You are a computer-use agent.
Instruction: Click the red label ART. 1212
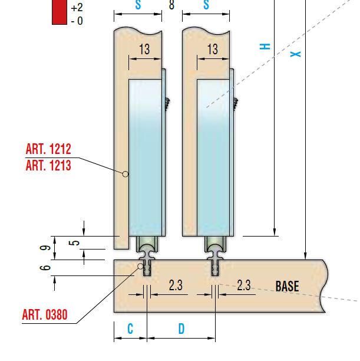pyautogui.click(x=48, y=149)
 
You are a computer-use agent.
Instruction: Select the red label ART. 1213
pyautogui.click(x=48, y=165)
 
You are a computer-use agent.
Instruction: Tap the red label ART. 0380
pyautogui.click(x=45, y=314)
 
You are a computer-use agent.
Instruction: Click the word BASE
pyautogui.click(x=287, y=286)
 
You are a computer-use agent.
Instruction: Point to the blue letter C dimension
pyautogui.click(x=130, y=329)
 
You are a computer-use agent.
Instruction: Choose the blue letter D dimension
pyautogui.click(x=181, y=329)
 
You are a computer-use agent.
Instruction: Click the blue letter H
pyautogui.click(x=265, y=47)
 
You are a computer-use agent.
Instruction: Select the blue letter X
pyautogui.click(x=296, y=54)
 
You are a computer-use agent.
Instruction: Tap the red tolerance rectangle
pyautogui.click(x=60, y=12)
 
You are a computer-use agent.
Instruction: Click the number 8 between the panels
pyautogui.click(x=171, y=5)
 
